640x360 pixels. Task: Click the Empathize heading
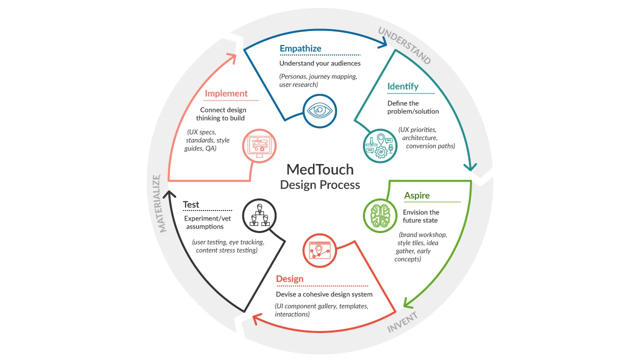pyautogui.click(x=300, y=48)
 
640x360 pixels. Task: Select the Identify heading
pyautogui.click(x=402, y=86)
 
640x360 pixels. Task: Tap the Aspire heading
pyautogui.click(x=416, y=195)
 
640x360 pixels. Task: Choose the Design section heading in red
pyautogui.click(x=289, y=279)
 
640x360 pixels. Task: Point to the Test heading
pyautogui.click(x=191, y=204)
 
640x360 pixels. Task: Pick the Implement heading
pyautogui.click(x=226, y=93)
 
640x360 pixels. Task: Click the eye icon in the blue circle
pyautogui.click(x=320, y=111)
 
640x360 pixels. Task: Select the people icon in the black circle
pyautogui.click(x=259, y=215)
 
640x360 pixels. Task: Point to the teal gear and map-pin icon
pyautogui.click(x=380, y=145)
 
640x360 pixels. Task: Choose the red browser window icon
pyautogui.click(x=320, y=250)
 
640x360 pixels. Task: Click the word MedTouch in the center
pyautogui.click(x=320, y=169)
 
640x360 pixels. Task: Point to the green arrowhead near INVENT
pyautogui.click(x=407, y=302)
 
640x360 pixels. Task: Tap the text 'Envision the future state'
pyautogui.click(x=420, y=216)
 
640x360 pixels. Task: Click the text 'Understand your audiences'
pyautogui.click(x=320, y=63)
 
